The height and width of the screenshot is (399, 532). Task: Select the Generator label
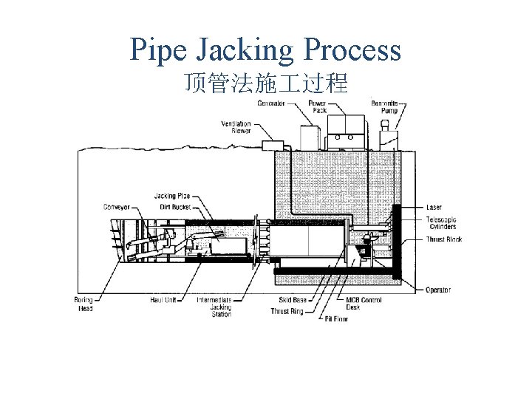(271, 103)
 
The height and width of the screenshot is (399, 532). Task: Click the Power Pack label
(318, 107)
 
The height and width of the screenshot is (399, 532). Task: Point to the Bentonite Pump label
(385, 107)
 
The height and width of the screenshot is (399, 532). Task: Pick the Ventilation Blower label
(236, 127)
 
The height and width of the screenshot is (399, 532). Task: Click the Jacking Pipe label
(172, 196)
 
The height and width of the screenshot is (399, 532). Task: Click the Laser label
(434, 208)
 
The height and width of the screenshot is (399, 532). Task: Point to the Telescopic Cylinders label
(441, 223)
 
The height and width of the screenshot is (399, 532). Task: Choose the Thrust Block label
(443, 239)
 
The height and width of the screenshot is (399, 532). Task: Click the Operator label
(438, 290)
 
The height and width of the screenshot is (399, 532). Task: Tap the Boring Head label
(83, 304)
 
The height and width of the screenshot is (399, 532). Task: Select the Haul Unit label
(162, 300)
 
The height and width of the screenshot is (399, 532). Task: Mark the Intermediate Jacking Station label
(214, 307)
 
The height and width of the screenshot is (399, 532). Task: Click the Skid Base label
(293, 300)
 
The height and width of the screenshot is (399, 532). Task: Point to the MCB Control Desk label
(364, 304)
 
